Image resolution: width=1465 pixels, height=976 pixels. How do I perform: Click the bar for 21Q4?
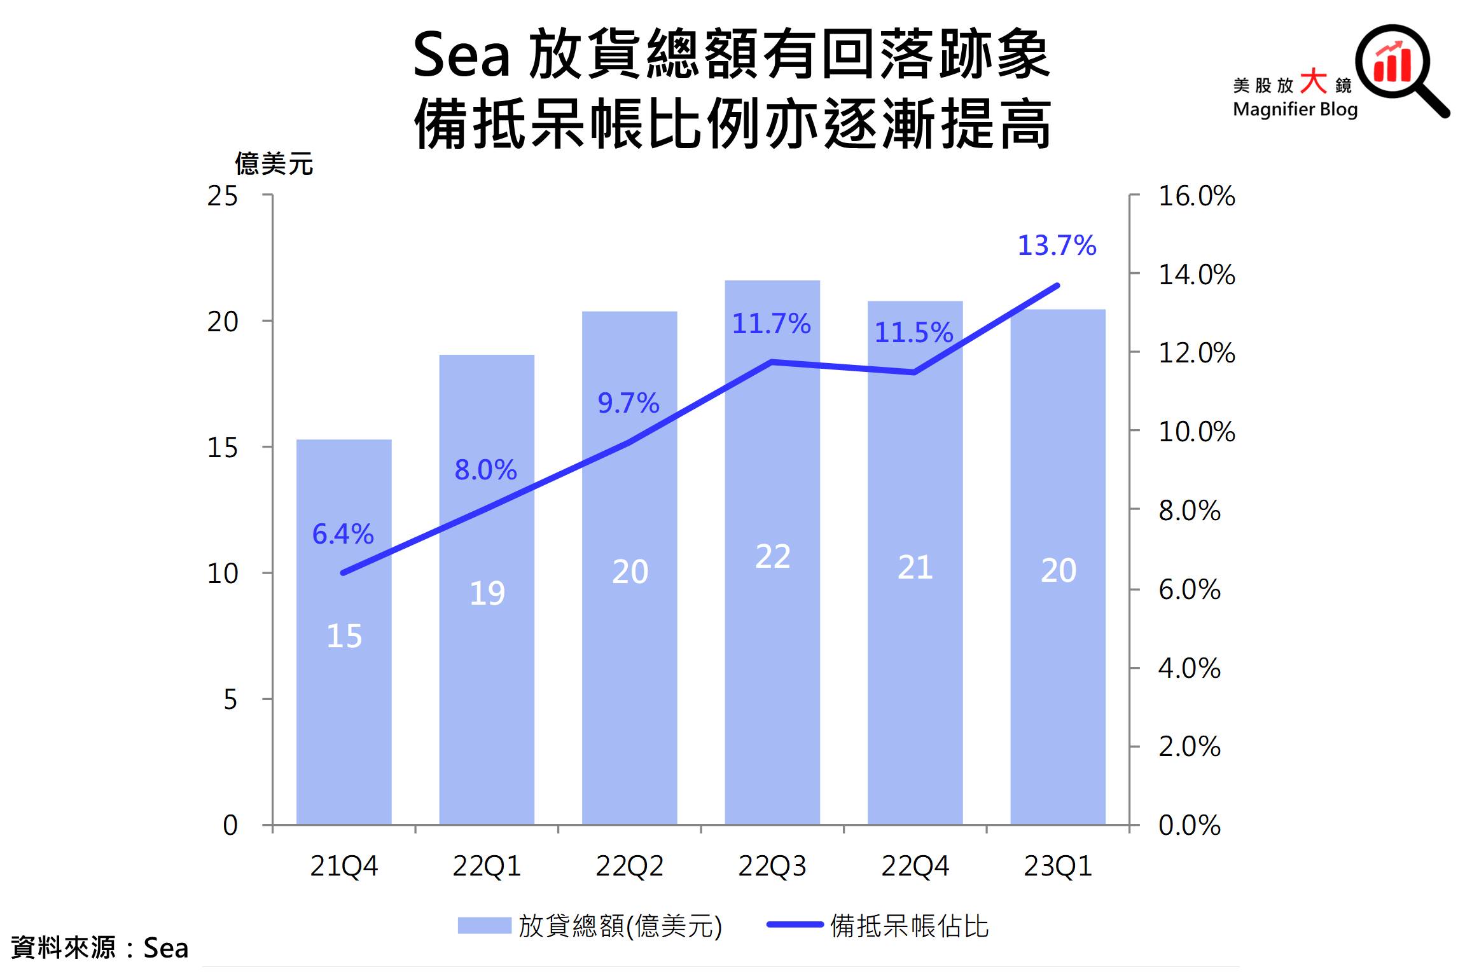[x=344, y=699]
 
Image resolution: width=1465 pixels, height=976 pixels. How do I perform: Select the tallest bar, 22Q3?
[x=772, y=636]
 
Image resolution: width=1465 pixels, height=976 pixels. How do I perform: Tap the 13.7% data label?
[x=1057, y=245]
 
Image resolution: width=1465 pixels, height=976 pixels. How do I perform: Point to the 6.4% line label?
[x=343, y=534]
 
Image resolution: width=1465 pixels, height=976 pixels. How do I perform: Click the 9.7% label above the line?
[x=628, y=403]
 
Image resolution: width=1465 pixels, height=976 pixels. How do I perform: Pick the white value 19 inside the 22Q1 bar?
[x=487, y=593]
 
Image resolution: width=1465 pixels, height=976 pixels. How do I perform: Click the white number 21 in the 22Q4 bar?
[x=915, y=567]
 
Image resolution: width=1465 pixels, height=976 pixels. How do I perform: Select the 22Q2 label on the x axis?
[x=629, y=866]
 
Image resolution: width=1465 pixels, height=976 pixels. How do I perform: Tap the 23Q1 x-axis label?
[x=1057, y=866]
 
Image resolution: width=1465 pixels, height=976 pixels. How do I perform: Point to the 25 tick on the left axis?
[x=223, y=196]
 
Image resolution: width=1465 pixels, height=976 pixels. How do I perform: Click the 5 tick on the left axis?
[x=230, y=699]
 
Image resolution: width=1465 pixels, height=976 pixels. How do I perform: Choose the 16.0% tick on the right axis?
[x=1196, y=196]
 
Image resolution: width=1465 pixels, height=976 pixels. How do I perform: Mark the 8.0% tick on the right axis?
[x=1189, y=511]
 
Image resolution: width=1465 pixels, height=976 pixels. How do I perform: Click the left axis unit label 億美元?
[x=274, y=164]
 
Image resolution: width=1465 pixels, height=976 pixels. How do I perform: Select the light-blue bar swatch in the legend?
[x=484, y=926]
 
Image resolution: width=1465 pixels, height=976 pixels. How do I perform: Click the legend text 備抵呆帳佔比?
[x=909, y=926]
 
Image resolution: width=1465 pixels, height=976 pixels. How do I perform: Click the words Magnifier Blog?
[x=1295, y=109]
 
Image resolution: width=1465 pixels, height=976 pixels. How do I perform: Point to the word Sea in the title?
[x=461, y=56]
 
